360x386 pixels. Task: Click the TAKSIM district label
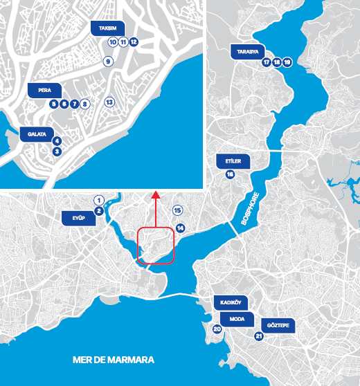click(x=107, y=28)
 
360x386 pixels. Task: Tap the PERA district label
click(x=44, y=90)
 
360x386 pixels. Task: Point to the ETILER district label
click(x=233, y=160)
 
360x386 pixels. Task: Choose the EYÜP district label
click(x=78, y=219)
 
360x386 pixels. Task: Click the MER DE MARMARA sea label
click(x=114, y=360)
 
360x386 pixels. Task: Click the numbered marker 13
click(x=109, y=102)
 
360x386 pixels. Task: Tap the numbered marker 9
click(x=108, y=62)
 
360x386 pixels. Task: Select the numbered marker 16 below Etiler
click(x=230, y=174)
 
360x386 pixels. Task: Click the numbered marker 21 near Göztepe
click(x=259, y=337)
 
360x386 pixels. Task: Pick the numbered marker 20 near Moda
click(x=217, y=329)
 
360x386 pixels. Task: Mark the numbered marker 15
click(x=177, y=210)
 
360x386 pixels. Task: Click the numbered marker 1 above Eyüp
click(x=99, y=199)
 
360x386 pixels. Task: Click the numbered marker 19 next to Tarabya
click(x=288, y=62)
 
